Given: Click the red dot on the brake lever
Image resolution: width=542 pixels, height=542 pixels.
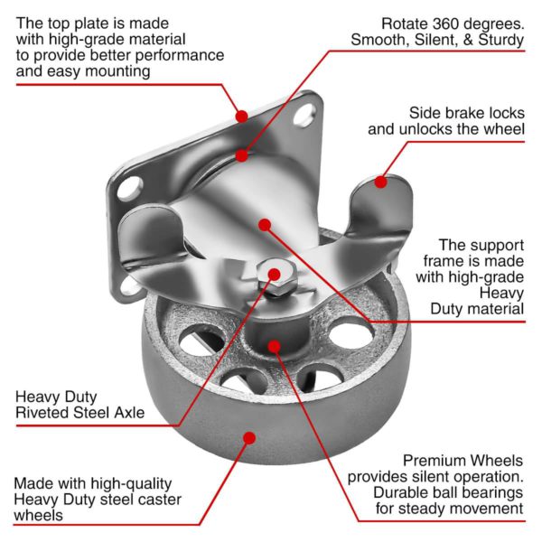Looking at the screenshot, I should coord(381,182).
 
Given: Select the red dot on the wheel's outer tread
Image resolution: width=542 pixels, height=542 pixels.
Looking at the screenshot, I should coord(248,437).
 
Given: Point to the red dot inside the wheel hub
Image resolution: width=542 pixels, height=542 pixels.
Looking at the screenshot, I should coord(275,344).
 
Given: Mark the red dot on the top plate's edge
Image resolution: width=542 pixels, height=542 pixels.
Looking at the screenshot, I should coord(241,116).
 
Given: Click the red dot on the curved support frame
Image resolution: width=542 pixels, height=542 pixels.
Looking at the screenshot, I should coord(264,224).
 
